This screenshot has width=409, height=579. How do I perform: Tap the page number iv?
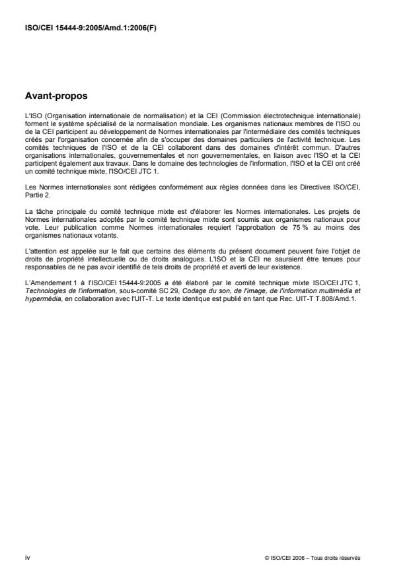27,558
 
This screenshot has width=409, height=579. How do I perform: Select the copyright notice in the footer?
311,559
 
